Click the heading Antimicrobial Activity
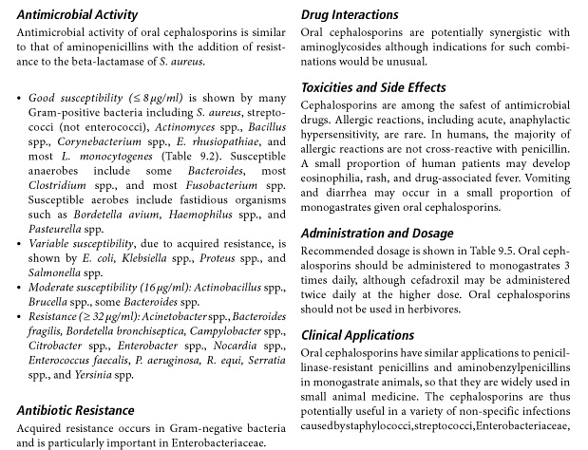coord(77,15)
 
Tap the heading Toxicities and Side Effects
coord(373,88)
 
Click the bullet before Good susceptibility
coord(20,99)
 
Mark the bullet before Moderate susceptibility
coord(20,286)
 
